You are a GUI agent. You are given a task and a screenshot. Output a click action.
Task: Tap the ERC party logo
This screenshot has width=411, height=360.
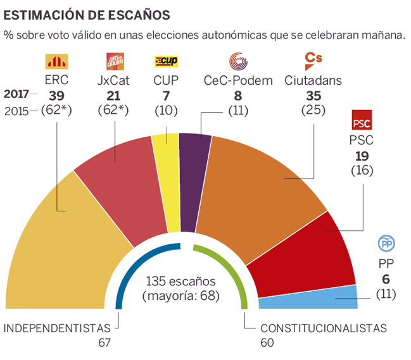tap(56, 61)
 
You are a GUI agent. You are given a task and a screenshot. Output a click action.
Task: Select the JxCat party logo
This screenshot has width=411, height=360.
tap(115, 61)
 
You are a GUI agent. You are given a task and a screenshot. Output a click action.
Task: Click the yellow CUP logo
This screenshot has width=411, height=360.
tap(167, 61)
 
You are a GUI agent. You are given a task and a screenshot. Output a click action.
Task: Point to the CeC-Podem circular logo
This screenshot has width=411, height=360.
tap(238, 61)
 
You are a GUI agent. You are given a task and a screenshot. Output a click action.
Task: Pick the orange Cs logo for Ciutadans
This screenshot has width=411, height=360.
tap(313, 61)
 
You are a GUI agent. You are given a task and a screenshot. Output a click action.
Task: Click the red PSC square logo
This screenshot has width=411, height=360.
tap(362, 121)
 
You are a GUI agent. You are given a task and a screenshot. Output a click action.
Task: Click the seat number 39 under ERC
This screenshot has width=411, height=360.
tap(57, 95)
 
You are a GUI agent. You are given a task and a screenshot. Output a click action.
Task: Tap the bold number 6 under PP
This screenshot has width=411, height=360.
tap(386, 279)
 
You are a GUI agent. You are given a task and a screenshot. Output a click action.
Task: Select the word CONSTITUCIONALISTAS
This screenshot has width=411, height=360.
tap(323, 328)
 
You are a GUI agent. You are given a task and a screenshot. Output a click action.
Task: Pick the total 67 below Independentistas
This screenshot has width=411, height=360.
tap(104, 342)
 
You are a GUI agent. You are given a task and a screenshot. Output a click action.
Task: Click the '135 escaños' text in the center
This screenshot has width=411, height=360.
tap(181, 281)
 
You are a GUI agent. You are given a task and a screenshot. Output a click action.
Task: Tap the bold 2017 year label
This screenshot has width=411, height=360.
tap(17, 95)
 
